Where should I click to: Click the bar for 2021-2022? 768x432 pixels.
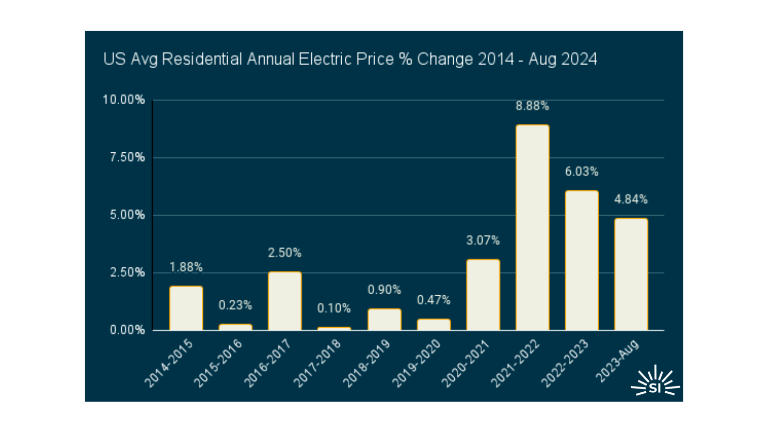[532, 228]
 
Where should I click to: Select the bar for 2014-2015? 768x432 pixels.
[186, 308]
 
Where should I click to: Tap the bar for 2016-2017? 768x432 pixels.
[284, 301]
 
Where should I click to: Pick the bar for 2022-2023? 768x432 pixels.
[582, 260]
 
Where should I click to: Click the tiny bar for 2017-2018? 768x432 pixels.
[334, 328]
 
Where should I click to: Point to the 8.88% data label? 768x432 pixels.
[532, 106]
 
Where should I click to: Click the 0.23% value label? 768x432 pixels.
[235, 306]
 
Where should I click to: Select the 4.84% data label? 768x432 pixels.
[631, 200]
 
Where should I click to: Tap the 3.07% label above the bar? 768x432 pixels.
[483, 241]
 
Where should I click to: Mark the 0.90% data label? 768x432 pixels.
[384, 290]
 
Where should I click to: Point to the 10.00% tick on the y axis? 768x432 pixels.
[124, 100]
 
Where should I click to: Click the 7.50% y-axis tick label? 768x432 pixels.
[127, 157]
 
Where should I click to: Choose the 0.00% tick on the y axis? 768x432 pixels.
[127, 330]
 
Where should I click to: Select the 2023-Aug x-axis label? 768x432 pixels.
[617, 361]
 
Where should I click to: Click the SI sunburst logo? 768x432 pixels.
[655, 382]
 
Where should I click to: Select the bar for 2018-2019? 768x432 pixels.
[384, 319]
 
